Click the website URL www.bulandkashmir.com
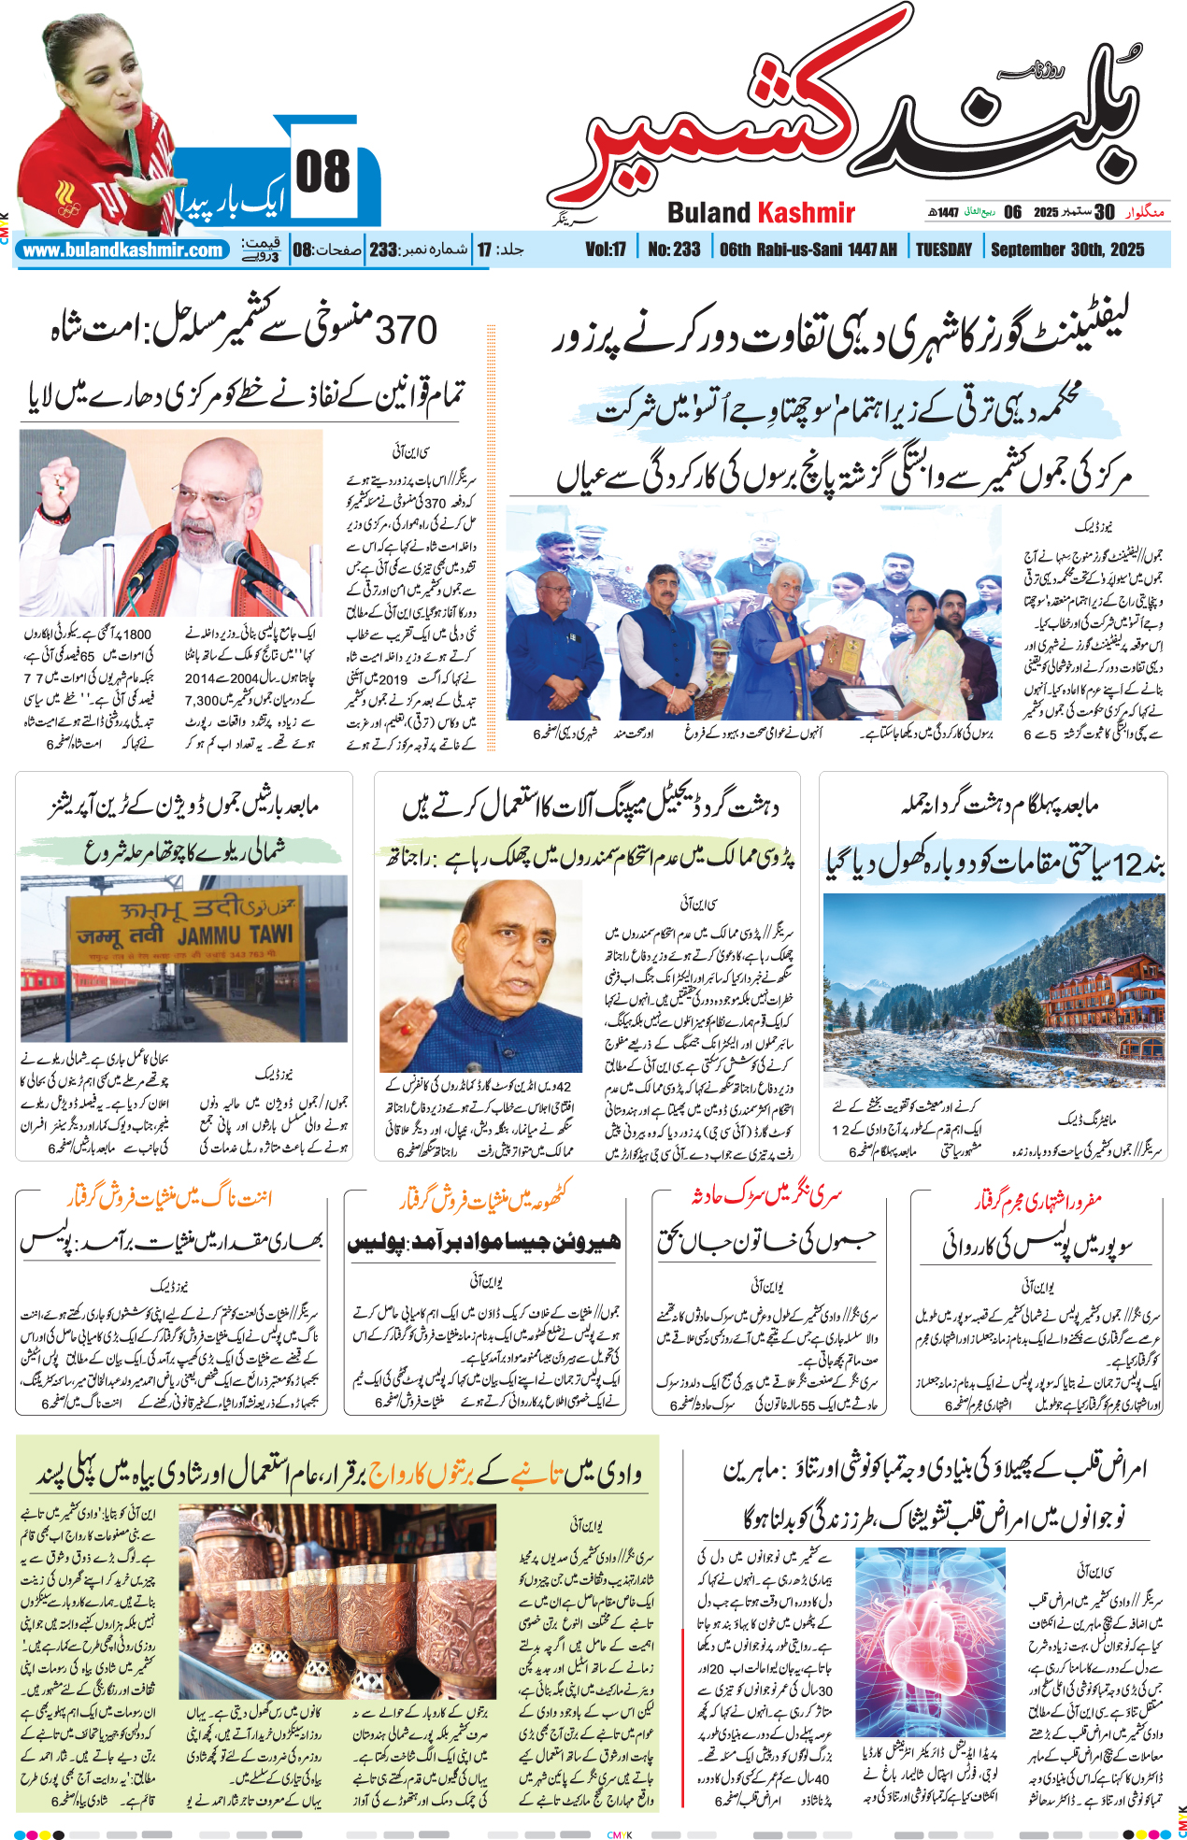point(122,250)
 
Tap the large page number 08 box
point(322,174)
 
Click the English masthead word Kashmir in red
point(806,213)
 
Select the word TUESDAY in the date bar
point(943,250)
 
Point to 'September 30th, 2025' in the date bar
point(1067,250)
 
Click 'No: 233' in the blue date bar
point(673,250)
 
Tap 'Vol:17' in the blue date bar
point(606,250)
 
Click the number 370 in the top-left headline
point(406,330)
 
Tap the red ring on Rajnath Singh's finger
point(407,1030)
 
